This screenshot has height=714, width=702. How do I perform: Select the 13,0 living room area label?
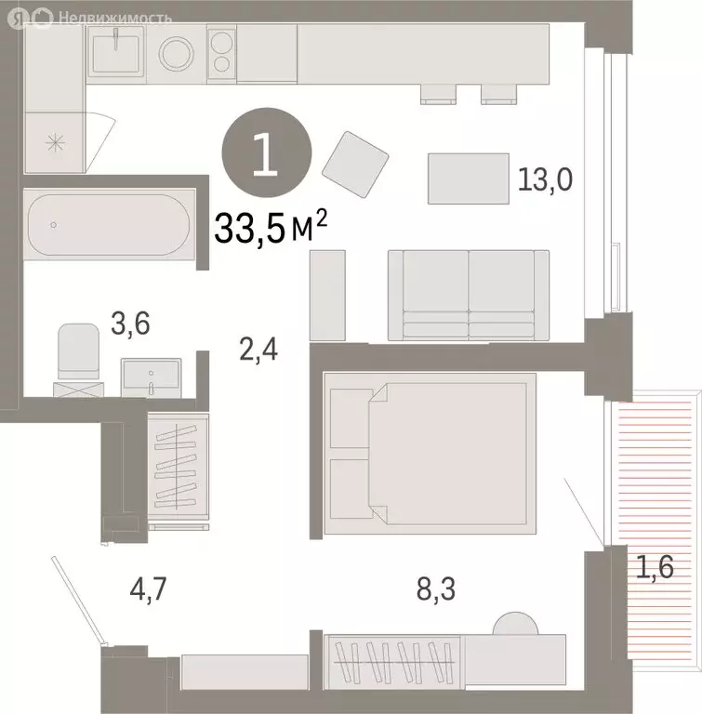[x=545, y=179]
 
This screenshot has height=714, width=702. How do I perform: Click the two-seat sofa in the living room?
[x=468, y=294]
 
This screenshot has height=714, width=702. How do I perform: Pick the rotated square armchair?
[x=355, y=165]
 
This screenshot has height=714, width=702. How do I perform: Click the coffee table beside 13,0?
[x=467, y=178]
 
